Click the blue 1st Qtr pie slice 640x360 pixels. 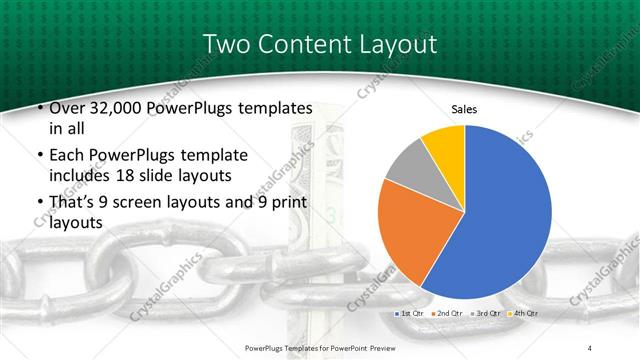500,220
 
